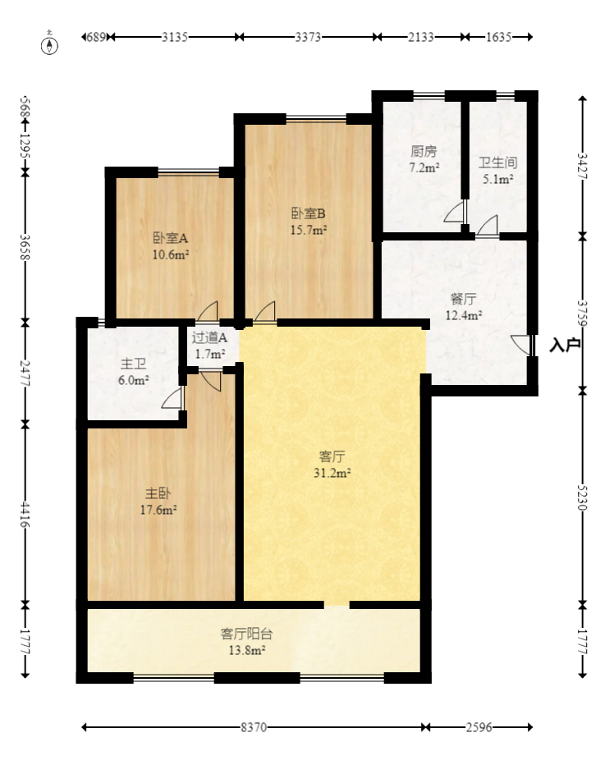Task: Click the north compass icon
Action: tap(51, 44)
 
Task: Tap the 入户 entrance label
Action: tap(565, 345)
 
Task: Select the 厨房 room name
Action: tap(424, 152)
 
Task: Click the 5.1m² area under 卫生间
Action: tap(497, 178)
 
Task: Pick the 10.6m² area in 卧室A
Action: tap(171, 254)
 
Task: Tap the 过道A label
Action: tap(209, 337)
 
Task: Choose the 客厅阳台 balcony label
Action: tap(247, 634)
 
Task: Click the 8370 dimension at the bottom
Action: tap(254, 727)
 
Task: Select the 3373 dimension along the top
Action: tap(308, 37)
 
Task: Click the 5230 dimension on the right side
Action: tap(582, 495)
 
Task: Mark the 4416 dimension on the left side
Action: tap(25, 515)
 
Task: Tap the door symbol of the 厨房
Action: tap(455, 213)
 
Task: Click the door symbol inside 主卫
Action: tap(173, 398)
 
